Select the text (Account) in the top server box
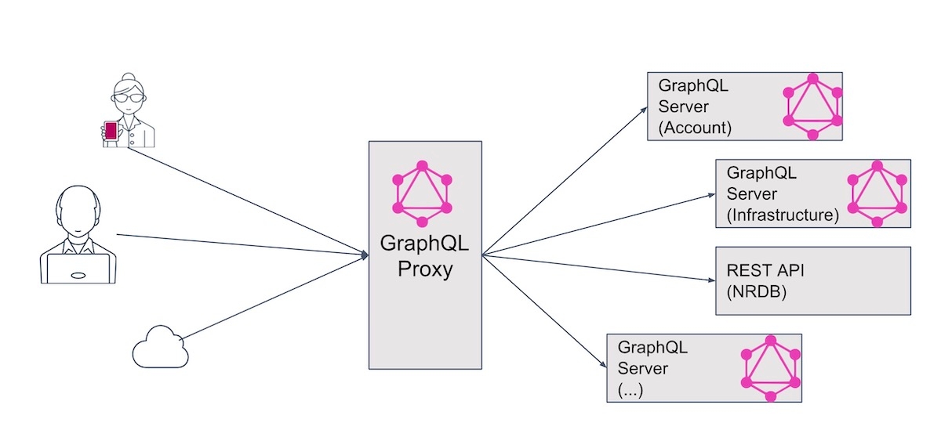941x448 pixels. [x=695, y=128]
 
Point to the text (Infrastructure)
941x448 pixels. [x=783, y=214]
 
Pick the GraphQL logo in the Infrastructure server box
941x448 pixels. [x=877, y=193]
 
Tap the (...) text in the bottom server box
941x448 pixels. [x=630, y=388]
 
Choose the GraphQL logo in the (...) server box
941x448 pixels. [x=772, y=368]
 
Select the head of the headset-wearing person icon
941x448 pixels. [x=78, y=211]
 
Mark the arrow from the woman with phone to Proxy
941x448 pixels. [x=243, y=199]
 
